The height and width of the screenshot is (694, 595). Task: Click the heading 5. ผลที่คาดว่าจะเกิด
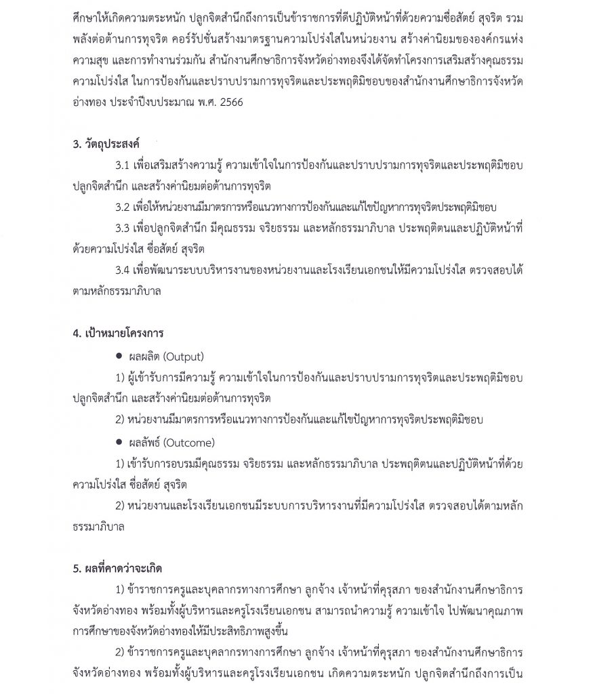pyautogui.click(x=117, y=568)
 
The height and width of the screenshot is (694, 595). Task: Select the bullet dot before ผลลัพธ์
pyautogui.click(x=120, y=443)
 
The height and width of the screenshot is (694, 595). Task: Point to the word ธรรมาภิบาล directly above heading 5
pyautogui.click(x=99, y=526)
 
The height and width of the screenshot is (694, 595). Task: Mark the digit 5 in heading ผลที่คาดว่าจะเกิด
pyautogui.click(x=76, y=568)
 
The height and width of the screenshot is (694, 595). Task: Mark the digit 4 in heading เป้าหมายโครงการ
pyautogui.click(x=76, y=334)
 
